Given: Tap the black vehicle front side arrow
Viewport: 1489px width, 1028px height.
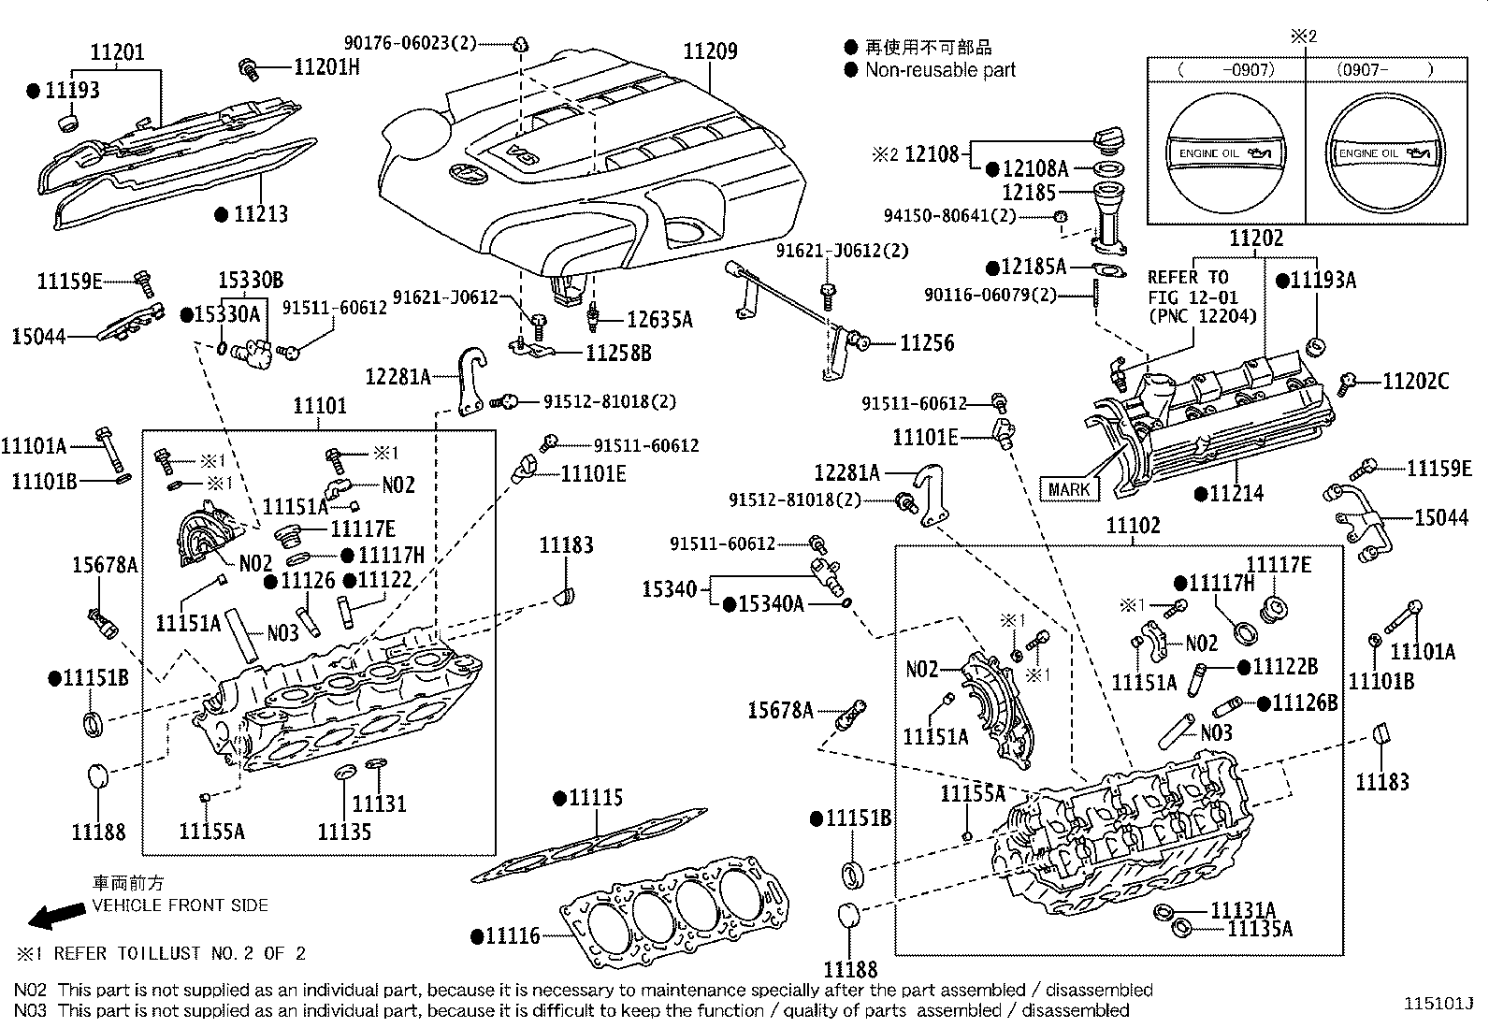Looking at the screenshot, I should (x=51, y=916).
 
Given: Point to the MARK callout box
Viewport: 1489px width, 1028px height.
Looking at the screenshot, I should (x=1068, y=489).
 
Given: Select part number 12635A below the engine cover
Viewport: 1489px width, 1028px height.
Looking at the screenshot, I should (x=659, y=320).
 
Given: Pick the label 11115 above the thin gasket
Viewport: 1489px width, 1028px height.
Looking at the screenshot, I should (x=595, y=798).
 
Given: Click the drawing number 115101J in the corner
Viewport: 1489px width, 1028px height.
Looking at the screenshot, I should (x=1437, y=1004).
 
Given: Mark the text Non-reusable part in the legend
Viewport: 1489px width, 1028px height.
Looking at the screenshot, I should (x=939, y=70).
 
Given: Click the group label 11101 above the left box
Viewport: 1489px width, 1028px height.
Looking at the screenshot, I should (x=319, y=406).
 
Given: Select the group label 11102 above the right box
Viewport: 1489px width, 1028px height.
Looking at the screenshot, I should (x=1133, y=526).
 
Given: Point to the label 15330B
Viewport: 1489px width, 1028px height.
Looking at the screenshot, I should (x=251, y=280).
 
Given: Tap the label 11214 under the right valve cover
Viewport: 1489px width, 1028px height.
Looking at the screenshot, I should (x=1235, y=493).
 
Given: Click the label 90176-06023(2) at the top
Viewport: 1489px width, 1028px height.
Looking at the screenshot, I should (x=410, y=43).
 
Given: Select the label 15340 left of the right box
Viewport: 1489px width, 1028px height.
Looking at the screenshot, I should (x=669, y=589).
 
